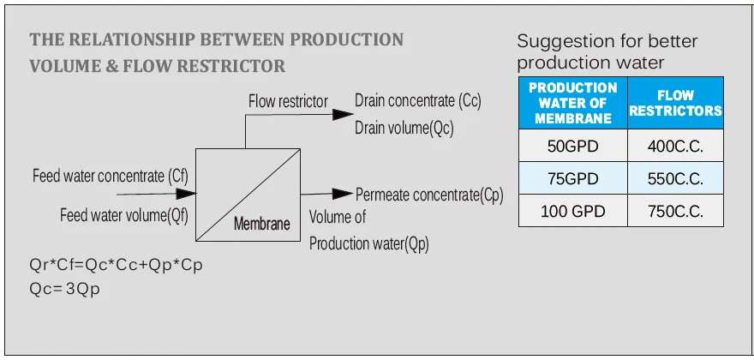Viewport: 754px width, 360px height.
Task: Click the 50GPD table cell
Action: click(572, 146)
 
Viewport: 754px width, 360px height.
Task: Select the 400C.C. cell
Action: click(675, 146)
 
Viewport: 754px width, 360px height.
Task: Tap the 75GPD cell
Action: click(572, 179)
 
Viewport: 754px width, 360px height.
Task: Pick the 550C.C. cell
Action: click(675, 179)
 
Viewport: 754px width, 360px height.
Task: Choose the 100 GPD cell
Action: click(572, 212)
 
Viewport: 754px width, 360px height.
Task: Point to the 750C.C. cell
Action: click(675, 212)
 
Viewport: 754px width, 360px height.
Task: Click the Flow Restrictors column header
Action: click(675, 103)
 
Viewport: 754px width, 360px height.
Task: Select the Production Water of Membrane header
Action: click(572, 103)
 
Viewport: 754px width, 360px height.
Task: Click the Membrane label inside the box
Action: click(262, 225)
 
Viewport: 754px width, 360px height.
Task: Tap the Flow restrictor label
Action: click(288, 101)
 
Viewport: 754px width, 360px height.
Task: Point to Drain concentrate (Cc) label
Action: click(418, 100)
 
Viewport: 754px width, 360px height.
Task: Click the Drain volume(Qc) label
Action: click(404, 129)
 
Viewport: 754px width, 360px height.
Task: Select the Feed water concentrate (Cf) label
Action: click(110, 177)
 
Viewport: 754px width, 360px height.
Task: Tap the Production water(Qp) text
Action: click(368, 243)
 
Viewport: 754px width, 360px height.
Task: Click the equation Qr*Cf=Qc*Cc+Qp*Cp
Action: click(116, 265)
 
